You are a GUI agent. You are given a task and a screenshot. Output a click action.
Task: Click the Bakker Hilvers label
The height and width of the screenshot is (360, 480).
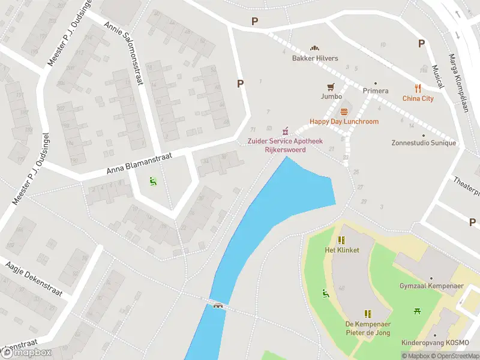[x=315, y=58]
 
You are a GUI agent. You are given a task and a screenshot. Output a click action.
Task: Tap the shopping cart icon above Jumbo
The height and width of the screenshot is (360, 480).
[x=330, y=87]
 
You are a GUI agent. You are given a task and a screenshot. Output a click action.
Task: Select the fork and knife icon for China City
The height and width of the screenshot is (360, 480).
[x=418, y=89]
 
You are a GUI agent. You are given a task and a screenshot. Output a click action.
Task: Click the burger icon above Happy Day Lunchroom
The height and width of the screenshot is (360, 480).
[x=344, y=112]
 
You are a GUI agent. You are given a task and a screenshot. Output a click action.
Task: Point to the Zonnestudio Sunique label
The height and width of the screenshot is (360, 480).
[x=423, y=143]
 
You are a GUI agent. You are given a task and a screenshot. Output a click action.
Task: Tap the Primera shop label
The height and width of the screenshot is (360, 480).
[x=376, y=91]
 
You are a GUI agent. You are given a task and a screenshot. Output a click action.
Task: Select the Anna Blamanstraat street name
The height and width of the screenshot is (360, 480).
[x=140, y=163]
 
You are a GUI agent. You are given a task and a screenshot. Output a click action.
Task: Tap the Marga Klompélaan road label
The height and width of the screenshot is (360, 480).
[x=458, y=78]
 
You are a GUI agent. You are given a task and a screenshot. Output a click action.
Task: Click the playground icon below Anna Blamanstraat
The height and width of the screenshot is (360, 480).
[x=153, y=179]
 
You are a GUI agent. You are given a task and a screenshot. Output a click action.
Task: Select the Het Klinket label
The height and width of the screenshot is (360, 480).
[x=341, y=250]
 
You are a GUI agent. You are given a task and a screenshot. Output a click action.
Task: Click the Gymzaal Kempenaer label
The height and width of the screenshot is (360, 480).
[x=431, y=286]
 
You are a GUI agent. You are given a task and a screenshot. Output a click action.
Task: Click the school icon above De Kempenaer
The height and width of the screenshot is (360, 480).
[x=368, y=314]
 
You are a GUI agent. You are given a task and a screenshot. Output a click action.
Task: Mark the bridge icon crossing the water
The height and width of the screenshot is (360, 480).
[x=218, y=305]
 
